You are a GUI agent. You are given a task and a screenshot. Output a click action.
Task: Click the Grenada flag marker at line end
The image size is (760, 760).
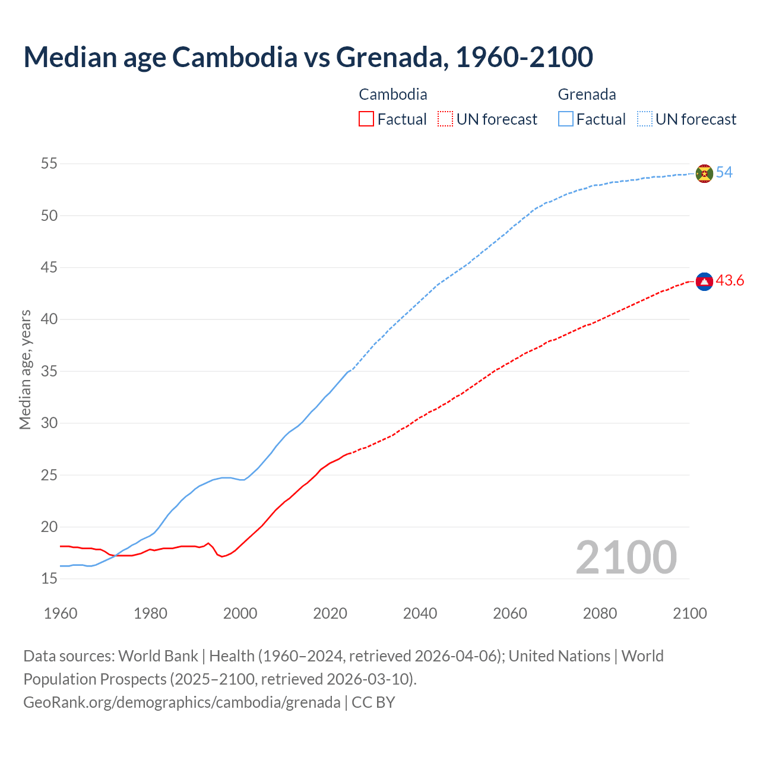click(x=704, y=173)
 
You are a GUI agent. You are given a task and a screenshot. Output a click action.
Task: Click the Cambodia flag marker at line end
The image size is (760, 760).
click(x=704, y=281)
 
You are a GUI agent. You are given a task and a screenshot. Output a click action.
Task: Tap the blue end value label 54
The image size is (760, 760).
click(x=724, y=173)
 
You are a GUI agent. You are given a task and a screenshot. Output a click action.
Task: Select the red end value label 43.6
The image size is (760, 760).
click(x=730, y=281)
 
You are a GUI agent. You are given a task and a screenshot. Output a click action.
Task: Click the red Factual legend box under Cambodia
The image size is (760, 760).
click(x=366, y=119)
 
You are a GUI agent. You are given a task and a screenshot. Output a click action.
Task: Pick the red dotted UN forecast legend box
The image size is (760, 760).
click(x=445, y=119)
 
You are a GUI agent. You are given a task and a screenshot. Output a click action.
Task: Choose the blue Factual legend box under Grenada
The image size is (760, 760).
click(x=566, y=119)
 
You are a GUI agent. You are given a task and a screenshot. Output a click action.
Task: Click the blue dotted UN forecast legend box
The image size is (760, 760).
click(x=645, y=119)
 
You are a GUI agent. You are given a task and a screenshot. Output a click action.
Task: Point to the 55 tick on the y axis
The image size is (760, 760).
click(x=49, y=163)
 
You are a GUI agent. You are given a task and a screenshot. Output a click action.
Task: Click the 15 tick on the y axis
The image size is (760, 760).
click(x=49, y=578)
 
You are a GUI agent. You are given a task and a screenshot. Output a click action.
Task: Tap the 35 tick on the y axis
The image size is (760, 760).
click(x=49, y=371)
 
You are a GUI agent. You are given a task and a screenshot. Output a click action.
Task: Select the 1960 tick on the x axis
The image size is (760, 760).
click(x=61, y=613)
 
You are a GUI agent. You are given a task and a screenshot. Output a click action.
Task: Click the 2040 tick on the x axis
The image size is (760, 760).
click(x=420, y=613)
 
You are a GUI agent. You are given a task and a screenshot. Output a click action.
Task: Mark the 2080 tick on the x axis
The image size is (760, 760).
click(x=600, y=613)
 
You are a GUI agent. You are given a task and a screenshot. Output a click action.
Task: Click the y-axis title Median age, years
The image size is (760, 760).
click(x=26, y=369)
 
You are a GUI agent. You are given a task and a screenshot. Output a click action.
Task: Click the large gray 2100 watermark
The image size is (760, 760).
click(x=626, y=558)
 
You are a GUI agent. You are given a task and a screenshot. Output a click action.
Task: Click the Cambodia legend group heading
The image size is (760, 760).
click(x=393, y=94)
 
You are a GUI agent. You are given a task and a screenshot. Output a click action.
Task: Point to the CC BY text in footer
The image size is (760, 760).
click(x=373, y=702)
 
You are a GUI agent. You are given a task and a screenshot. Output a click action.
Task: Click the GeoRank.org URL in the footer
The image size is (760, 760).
click(x=182, y=702)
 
